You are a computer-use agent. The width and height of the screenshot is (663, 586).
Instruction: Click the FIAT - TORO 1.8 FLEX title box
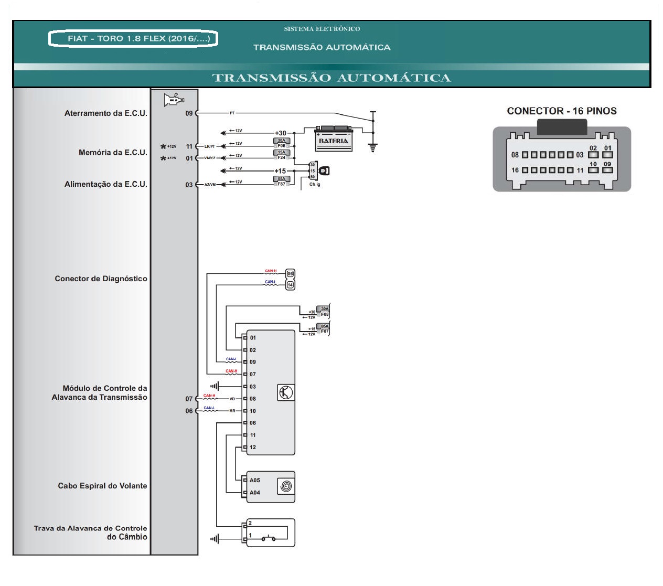[133, 39]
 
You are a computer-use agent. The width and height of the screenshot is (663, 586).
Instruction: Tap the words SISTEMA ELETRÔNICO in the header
[322, 29]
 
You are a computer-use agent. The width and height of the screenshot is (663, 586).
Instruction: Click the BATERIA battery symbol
[333, 139]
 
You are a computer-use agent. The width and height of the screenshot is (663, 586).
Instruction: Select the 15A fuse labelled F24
[282, 155]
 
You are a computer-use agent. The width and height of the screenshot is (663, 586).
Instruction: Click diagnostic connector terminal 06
[290, 273]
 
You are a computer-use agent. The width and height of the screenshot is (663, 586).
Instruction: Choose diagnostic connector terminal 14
[290, 284]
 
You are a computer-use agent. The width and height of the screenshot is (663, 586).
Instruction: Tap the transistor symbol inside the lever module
[285, 392]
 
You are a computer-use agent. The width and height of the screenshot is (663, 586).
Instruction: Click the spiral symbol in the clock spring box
[285, 486]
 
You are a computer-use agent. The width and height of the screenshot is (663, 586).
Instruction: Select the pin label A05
[255, 480]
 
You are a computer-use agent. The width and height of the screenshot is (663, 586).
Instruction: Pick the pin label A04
[255, 493]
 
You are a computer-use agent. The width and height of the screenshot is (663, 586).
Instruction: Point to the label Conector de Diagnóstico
[101, 279]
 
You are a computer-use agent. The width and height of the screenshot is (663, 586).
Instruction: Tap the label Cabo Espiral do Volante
[102, 486]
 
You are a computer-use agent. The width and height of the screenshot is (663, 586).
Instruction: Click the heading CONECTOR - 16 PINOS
[561, 111]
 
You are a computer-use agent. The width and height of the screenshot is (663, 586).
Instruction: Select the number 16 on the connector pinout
[515, 170]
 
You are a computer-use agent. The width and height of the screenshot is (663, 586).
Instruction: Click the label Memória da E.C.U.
[113, 153]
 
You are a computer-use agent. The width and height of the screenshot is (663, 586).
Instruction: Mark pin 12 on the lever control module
[253, 448]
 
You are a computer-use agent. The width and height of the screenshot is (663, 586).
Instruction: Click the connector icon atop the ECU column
[174, 100]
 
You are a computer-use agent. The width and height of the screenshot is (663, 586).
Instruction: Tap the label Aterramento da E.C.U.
[105, 113]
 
